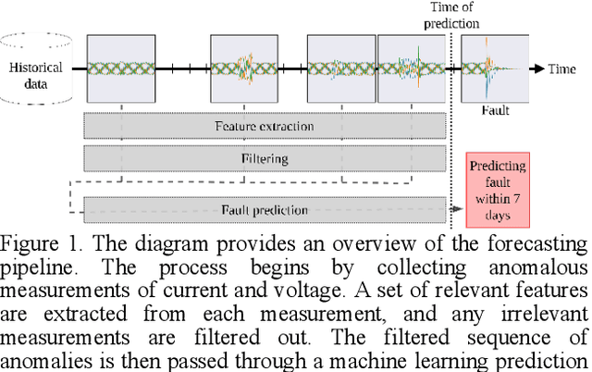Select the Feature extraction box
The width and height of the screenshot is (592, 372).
264,126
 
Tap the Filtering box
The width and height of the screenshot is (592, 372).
264,158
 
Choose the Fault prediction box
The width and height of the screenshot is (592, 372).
264,210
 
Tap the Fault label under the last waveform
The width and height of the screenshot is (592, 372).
495,110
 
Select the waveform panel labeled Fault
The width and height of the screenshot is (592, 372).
495,68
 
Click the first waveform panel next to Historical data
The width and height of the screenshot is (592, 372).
119,68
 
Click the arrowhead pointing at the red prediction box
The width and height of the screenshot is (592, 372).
458,210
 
